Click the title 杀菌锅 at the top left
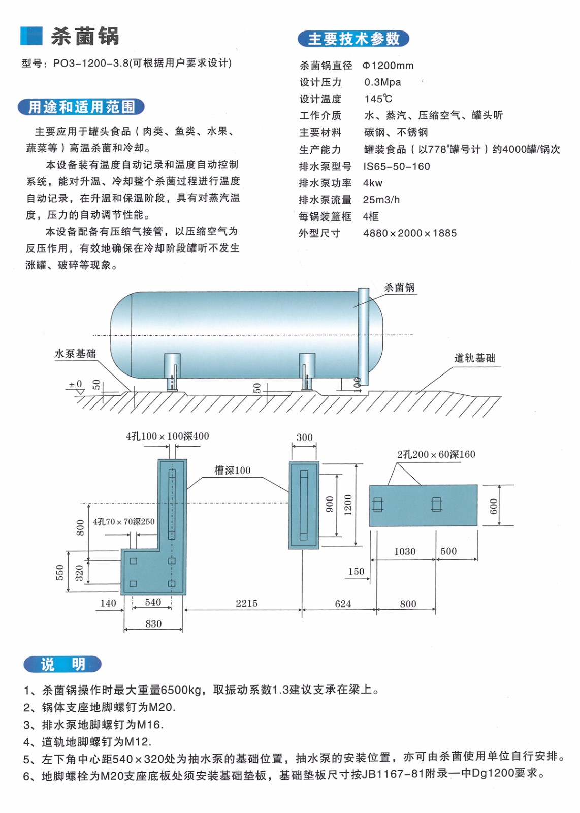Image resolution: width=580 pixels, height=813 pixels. (x=85, y=37)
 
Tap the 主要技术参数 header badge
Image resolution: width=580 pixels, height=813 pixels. (x=353, y=39)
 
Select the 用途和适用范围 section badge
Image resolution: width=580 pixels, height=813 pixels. (x=81, y=107)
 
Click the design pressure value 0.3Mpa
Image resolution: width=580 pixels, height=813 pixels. (x=382, y=82)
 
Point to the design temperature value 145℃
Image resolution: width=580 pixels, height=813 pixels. (x=378, y=99)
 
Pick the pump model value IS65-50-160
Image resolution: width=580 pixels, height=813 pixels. (x=396, y=166)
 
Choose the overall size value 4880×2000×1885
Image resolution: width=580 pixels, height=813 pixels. (x=409, y=233)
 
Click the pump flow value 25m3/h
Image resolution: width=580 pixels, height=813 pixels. (x=381, y=200)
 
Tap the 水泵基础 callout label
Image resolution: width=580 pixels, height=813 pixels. (x=75, y=354)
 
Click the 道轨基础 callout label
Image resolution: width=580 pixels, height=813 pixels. (x=474, y=358)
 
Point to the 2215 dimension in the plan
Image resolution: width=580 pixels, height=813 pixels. (x=246, y=603)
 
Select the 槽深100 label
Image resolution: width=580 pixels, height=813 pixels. (x=232, y=471)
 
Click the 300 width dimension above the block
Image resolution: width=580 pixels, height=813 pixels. (x=304, y=437)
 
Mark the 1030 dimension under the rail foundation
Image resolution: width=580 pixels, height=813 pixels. (x=404, y=551)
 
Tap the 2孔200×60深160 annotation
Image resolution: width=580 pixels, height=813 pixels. (x=436, y=454)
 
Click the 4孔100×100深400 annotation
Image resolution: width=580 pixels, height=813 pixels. (x=167, y=436)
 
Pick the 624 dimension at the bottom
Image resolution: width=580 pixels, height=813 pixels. (x=343, y=604)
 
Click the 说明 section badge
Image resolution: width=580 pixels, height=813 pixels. (x=62, y=664)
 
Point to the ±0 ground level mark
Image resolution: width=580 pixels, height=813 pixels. (x=75, y=384)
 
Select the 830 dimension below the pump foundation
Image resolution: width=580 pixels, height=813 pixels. (x=153, y=624)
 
